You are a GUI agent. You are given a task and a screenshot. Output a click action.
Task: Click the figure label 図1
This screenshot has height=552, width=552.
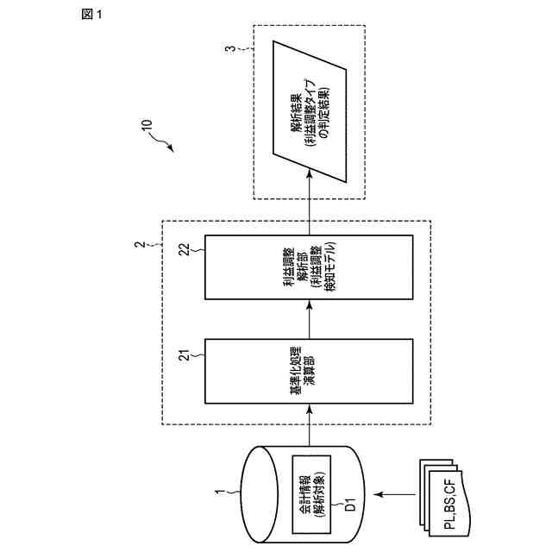(91, 16)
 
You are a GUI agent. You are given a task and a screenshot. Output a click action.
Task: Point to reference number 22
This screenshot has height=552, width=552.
(185, 249)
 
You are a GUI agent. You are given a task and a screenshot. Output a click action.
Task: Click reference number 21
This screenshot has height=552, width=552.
(184, 354)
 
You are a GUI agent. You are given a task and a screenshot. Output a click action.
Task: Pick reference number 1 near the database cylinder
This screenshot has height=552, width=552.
(218, 492)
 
